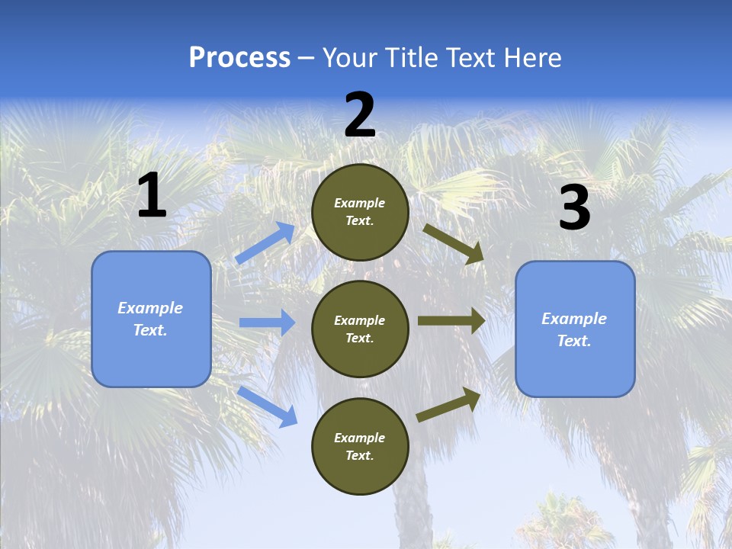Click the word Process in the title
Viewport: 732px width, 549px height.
239,58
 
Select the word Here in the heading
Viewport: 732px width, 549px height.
532,58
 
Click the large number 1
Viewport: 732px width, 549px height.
152,196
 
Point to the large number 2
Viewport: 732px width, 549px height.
360,115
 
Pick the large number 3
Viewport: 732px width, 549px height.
574,207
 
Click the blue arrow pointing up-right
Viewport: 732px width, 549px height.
265,243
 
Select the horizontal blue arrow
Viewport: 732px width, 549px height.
267,323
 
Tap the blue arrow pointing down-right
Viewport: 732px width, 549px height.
267,406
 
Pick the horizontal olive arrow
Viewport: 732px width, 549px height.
451,320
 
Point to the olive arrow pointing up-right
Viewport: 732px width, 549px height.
448,404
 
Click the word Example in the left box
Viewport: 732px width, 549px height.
150,308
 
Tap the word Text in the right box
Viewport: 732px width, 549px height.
573,341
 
